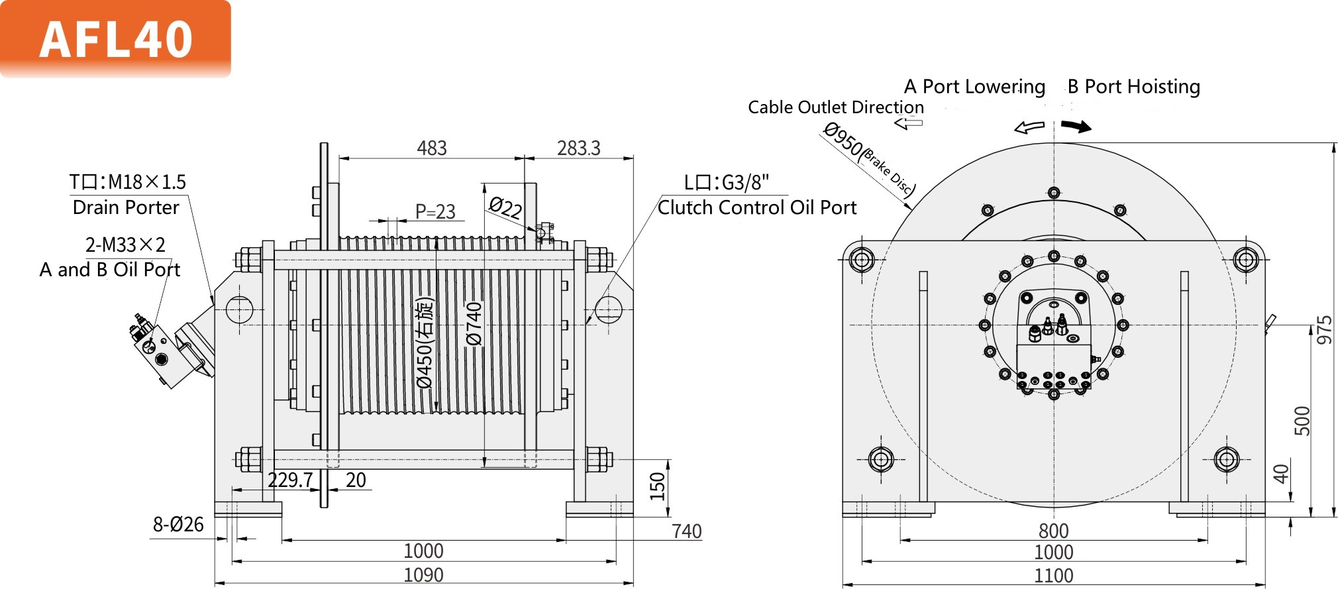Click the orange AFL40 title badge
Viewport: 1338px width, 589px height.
click(x=115, y=38)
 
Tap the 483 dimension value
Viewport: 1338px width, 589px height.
click(x=432, y=148)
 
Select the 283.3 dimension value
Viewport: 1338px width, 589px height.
click(x=578, y=148)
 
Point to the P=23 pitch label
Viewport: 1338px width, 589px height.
click(x=435, y=211)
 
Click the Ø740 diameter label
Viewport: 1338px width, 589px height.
click(x=474, y=324)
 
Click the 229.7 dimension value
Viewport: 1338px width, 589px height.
click(x=290, y=480)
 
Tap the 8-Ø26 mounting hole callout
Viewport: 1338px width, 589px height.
click(x=178, y=525)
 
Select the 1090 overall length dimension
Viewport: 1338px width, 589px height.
click(x=423, y=574)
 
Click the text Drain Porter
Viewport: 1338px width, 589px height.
click(x=126, y=207)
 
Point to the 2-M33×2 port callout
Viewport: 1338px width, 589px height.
click(x=125, y=244)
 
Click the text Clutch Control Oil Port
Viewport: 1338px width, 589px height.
click(x=757, y=208)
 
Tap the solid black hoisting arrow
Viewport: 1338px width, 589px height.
click(x=1076, y=126)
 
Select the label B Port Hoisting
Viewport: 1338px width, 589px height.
click(x=1133, y=87)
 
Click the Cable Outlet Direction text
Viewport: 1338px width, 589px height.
click(x=835, y=107)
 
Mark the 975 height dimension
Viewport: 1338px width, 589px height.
click(x=1324, y=330)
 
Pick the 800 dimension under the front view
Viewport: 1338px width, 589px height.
click(x=1053, y=531)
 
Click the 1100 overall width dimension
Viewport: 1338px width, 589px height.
click(x=1053, y=575)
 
